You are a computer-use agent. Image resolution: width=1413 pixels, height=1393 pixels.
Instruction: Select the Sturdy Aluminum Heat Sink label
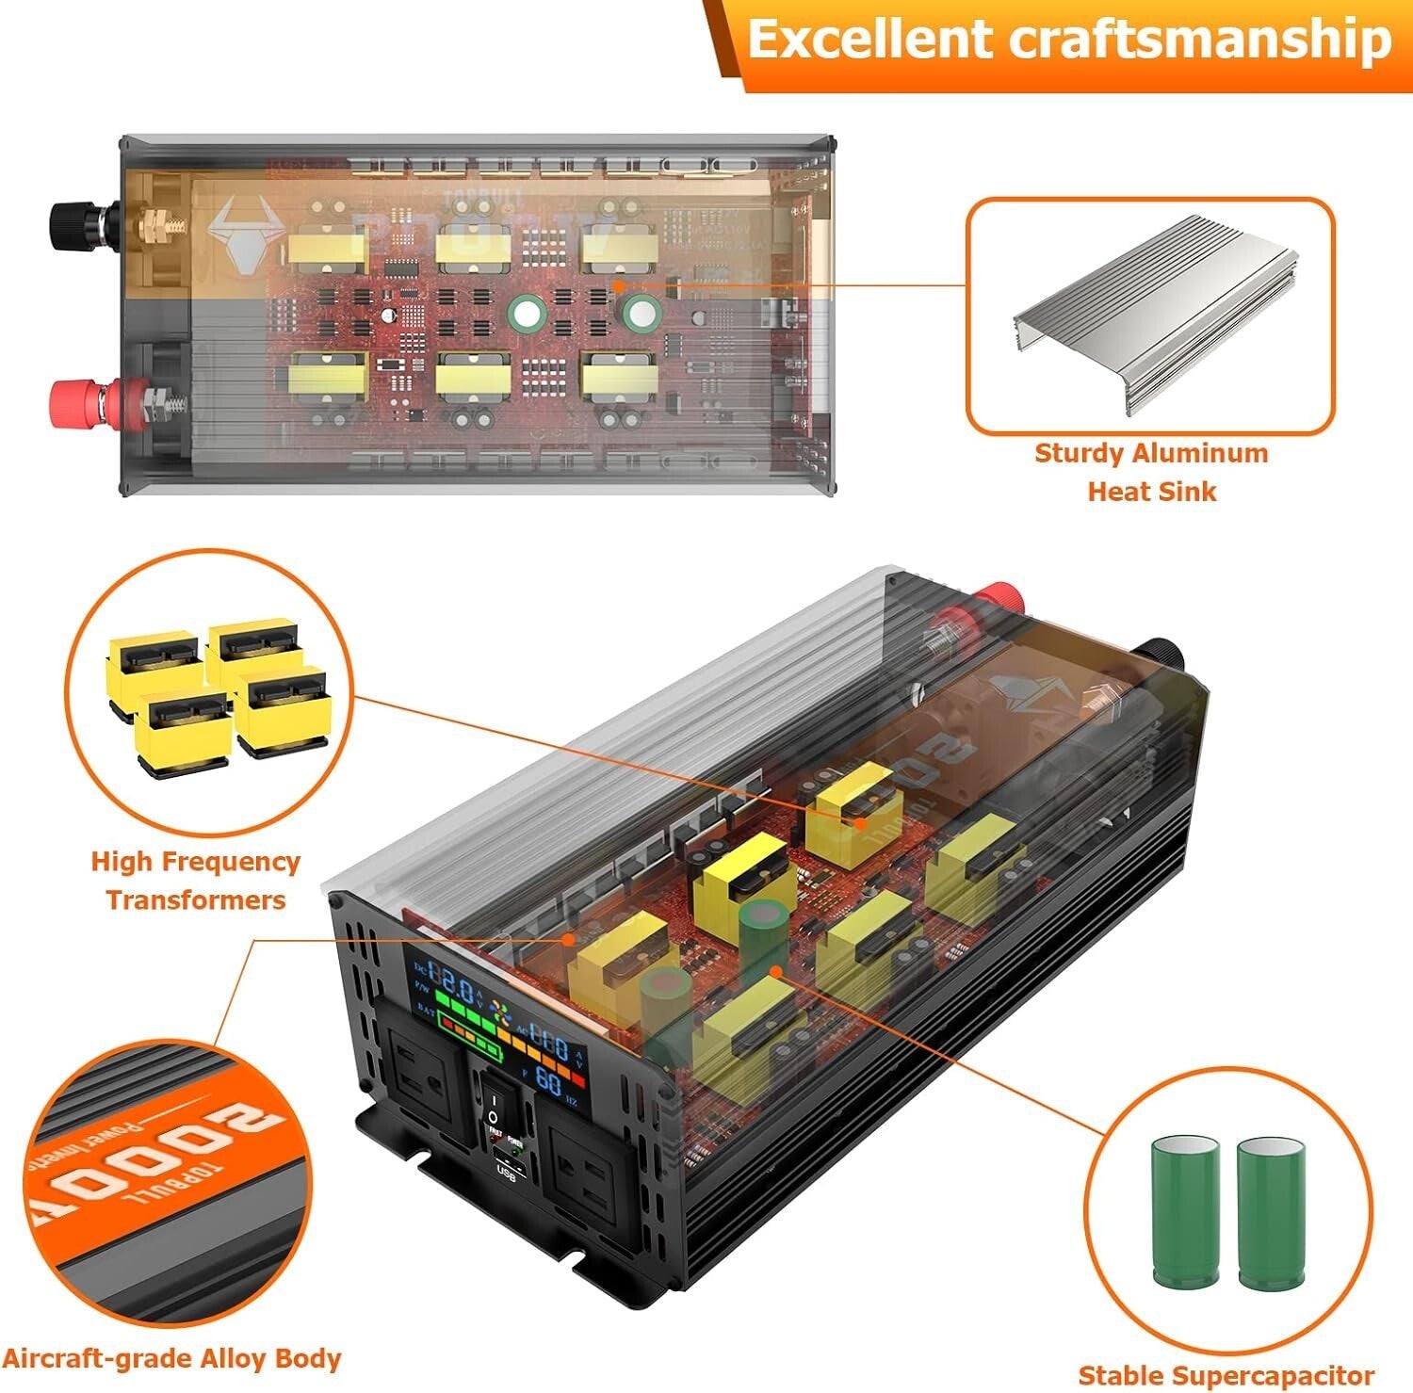1151,472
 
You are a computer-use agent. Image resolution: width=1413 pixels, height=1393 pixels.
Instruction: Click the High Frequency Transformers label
195,880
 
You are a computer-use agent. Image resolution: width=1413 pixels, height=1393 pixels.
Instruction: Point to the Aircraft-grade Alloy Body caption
171,1358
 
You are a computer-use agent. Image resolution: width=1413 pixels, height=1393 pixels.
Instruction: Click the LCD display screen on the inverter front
495,1027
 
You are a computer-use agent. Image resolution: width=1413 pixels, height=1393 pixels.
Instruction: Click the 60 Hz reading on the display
549,1079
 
